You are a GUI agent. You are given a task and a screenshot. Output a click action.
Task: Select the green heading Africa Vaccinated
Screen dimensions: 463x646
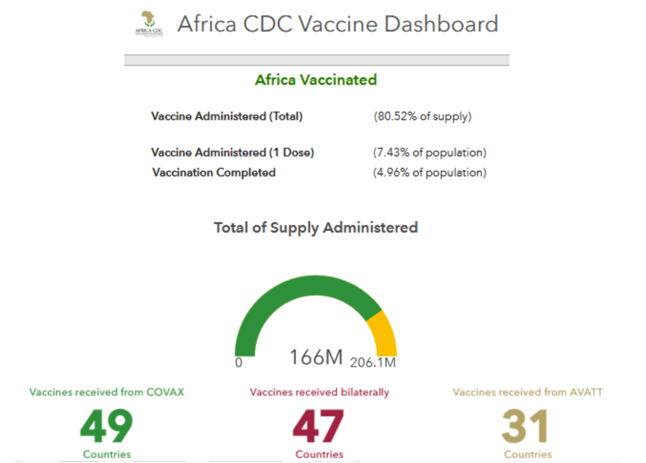315,80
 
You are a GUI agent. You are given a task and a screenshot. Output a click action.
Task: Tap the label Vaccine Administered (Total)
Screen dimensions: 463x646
227,116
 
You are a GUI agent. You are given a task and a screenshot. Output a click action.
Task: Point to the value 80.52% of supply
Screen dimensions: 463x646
423,116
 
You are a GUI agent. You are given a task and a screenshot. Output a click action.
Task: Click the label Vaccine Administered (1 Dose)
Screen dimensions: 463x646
233,152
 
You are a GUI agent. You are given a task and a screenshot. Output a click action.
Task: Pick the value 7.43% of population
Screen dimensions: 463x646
430,152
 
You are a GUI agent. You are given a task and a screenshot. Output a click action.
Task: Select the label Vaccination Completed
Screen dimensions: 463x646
214,172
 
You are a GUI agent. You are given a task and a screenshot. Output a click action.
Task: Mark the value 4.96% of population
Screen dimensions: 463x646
430,172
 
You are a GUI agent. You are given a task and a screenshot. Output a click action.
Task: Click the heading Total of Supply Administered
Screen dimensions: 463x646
315,227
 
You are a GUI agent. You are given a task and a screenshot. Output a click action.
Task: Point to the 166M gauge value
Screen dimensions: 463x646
315,357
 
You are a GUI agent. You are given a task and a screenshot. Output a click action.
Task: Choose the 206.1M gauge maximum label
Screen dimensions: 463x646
373,363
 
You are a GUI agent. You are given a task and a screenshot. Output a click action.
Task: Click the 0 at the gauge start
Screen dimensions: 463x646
238,363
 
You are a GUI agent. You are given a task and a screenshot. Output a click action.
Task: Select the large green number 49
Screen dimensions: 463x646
107,426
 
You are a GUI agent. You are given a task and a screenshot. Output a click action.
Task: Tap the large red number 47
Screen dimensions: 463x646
319,426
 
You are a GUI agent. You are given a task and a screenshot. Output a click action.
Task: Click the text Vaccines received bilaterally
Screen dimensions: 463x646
319,392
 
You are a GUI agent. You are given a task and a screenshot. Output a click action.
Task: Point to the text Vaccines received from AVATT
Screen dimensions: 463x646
527,392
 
